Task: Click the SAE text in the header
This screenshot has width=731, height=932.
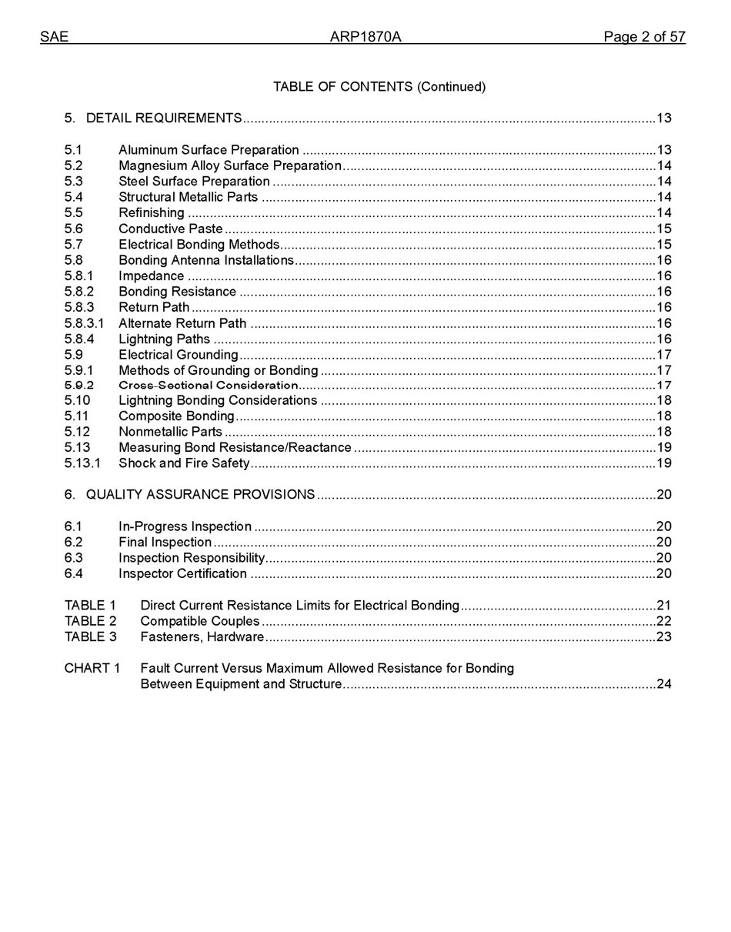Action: click(54, 37)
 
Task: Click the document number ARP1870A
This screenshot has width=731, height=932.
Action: click(365, 37)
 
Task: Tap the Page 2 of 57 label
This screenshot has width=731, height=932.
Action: click(644, 37)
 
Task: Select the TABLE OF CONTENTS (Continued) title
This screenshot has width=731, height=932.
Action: click(379, 87)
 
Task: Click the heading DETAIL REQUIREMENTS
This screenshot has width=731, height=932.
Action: click(164, 119)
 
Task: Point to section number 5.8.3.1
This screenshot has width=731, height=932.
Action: click(84, 323)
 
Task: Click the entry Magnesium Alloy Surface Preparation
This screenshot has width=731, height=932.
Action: click(229, 166)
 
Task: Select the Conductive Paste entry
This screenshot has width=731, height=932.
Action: click(170, 229)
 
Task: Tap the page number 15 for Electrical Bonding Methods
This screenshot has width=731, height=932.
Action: click(664, 245)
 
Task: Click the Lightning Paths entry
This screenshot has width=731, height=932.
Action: click(164, 339)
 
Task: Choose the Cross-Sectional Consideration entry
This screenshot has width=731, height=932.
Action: click(208, 386)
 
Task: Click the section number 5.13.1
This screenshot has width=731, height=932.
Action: click(82, 463)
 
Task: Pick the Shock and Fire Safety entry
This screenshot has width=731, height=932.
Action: click(184, 463)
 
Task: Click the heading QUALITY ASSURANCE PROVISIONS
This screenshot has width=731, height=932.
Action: click(200, 495)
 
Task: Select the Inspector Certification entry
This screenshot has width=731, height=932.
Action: click(182, 574)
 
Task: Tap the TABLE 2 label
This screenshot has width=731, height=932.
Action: click(90, 621)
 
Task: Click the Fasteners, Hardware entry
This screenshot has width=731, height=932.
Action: click(202, 637)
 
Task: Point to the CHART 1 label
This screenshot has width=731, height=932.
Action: click(92, 668)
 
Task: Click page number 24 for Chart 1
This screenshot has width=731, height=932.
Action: click(664, 684)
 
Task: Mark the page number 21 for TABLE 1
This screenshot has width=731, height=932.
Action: click(664, 606)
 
